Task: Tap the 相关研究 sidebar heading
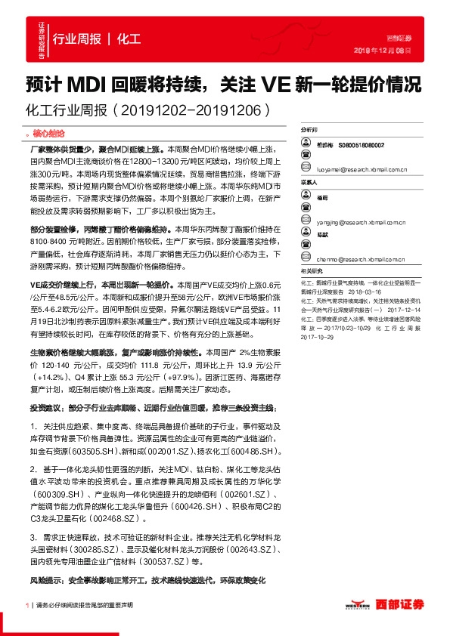311,270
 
